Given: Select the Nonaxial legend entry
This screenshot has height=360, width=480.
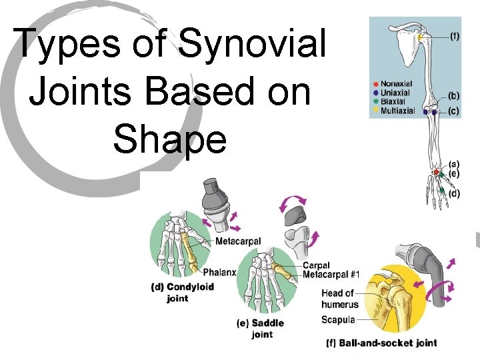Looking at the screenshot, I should click(x=396, y=84).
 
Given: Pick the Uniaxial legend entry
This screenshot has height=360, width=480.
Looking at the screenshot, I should click(x=395, y=93).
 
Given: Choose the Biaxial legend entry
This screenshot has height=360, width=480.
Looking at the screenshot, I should click(x=393, y=101).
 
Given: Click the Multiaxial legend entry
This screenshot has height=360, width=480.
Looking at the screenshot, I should click(x=397, y=111).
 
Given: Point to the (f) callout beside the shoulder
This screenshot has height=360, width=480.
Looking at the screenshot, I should click(x=454, y=37).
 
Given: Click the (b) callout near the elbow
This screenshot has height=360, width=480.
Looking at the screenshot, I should click(x=453, y=96).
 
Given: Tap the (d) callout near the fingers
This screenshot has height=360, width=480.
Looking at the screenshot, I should click(x=453, y=194).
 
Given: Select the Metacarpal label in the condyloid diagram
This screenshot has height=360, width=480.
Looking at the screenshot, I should click(x=238, y=241).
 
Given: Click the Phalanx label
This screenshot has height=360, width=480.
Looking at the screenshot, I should click(x=219, y=272).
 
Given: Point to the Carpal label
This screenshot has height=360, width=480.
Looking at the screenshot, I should click(x=316, y=266).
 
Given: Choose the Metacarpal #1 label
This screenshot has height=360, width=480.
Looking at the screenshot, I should click(x=331, y=275).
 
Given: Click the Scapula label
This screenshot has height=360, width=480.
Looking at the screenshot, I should click(x=339, y=319).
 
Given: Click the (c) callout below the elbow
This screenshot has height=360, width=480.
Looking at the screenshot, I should click(x=453, y=111).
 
